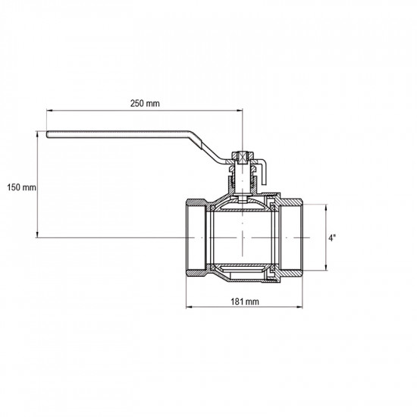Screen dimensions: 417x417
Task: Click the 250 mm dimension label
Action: (145, 103)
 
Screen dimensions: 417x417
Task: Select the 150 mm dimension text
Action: (21, 187)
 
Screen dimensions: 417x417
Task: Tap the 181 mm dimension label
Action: (245, 302)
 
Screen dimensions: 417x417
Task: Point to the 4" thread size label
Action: (332, 238)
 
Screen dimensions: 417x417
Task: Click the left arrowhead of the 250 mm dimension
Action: (49, 110)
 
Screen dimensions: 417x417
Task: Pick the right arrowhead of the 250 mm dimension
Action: (240, 110)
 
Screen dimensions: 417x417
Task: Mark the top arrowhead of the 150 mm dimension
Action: (37, 133)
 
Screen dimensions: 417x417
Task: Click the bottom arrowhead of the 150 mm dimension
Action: (37, 234)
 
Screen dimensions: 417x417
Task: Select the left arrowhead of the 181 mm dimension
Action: (189, 307)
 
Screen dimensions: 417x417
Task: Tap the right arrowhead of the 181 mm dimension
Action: (299, 307)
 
